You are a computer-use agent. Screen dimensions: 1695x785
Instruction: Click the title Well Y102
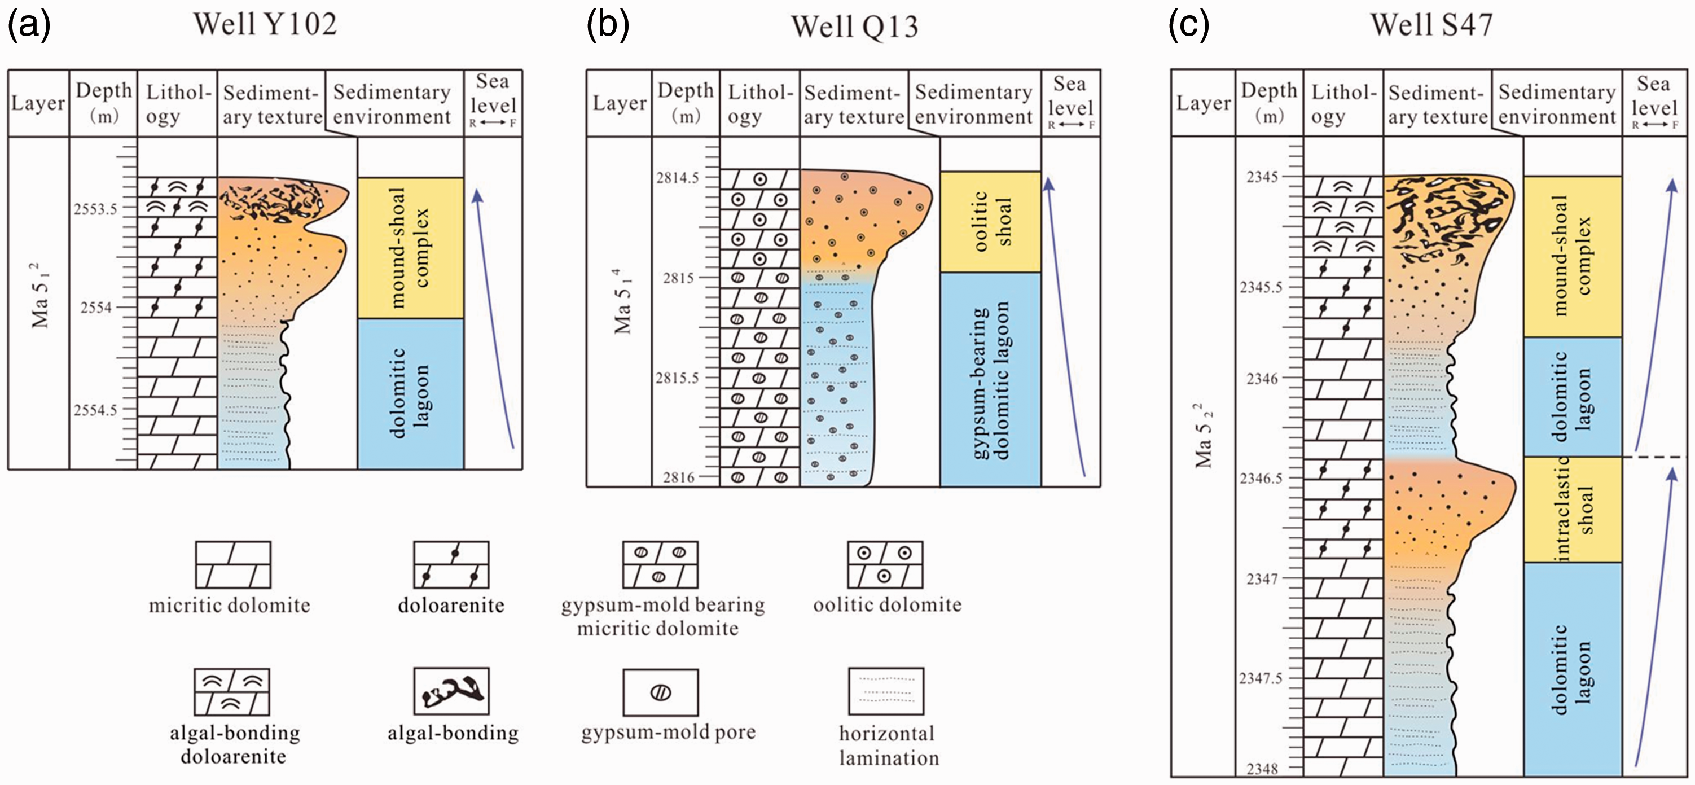[x=265, y=24]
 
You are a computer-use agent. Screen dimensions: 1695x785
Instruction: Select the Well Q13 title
[x=854, y=27]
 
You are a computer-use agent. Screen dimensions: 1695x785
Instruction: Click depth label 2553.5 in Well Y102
[x=95, y=209]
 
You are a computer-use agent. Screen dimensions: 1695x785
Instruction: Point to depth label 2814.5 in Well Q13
[x=677, y=178]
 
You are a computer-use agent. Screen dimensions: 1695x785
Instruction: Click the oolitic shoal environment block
[x=990, y=222]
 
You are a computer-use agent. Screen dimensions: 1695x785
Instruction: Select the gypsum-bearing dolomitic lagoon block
[x=990, y=380]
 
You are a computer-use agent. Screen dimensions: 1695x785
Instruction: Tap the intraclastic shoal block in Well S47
[x=1573, y=509]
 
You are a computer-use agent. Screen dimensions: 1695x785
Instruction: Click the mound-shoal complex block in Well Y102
[x=411, y=248]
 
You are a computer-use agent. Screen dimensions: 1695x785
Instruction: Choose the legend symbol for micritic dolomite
[x=233, y=564]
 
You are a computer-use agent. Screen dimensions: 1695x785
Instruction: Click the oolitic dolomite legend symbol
[x=885, y=564]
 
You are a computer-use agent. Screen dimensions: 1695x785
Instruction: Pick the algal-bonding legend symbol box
[x=451, y=691]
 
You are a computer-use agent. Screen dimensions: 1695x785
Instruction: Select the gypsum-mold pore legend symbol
[x=661, y=692]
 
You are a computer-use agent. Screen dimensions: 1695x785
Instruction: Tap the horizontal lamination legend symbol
[x=886, y=691]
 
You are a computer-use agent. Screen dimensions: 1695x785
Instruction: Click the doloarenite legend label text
[x=451, y=606]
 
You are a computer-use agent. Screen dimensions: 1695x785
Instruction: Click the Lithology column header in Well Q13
[x=760, y=104]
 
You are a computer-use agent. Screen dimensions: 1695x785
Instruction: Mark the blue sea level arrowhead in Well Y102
[x=478, y=195]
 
